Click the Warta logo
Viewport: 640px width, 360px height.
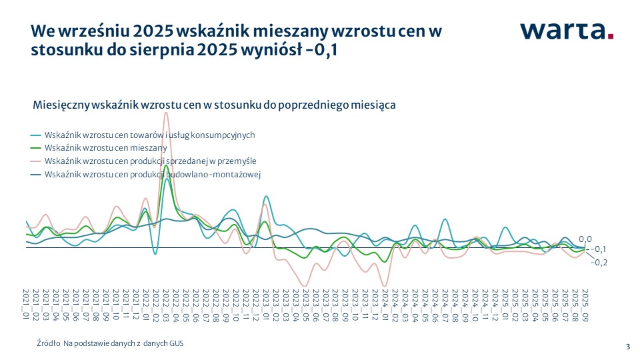[567, 31]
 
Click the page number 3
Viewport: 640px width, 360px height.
[627, 345]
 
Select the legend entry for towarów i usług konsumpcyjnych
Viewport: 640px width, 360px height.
[150, 135]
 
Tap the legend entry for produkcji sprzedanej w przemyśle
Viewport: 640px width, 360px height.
[151, 161]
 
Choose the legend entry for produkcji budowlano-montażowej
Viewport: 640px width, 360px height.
[153, 175]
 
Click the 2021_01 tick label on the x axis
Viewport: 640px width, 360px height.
[26, 304]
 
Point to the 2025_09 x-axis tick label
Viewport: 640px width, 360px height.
[585, 304]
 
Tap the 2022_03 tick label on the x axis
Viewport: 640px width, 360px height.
[165, 304]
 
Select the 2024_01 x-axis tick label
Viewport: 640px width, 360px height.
[385, 304]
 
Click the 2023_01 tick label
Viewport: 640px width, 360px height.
[265, 304]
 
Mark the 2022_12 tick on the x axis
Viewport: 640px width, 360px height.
[255, 304]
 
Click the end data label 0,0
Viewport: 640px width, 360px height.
[585, 239]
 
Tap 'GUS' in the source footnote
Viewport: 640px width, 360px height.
[175, 343]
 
